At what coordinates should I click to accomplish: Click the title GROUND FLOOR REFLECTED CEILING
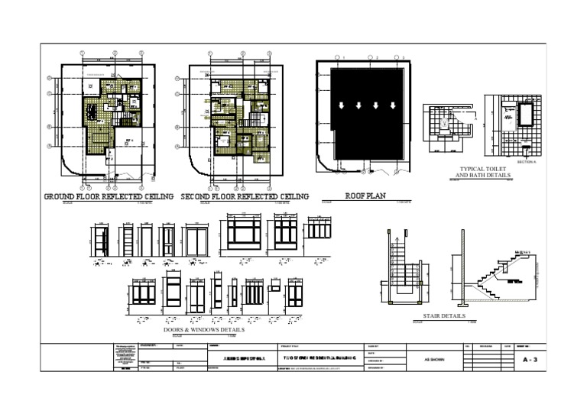pyautogui.click(x=109, y=196)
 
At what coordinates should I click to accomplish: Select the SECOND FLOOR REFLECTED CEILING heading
pyautogui.click(x=245, y=196)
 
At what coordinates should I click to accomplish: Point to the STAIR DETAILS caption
pyautogui.click(x=443, y=315)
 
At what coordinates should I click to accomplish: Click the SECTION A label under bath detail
pyautogui.click(x=527, y=163)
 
